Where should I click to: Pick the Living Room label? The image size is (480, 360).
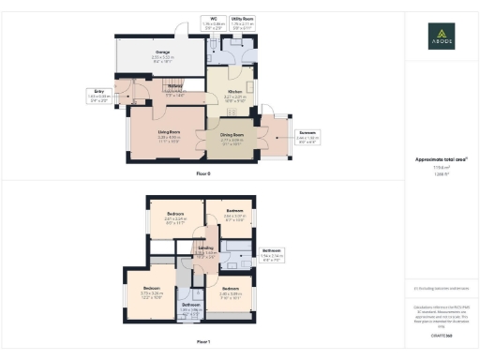(x=167, y=134)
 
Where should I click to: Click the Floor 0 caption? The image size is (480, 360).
(x=203, y=174)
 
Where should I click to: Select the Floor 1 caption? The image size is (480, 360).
(x=203, y=342)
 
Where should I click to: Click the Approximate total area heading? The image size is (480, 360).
(x=441, y=159)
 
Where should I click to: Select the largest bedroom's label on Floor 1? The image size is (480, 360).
(x=152, y=289)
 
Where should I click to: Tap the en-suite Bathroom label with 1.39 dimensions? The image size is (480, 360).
(x=191, y=307)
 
